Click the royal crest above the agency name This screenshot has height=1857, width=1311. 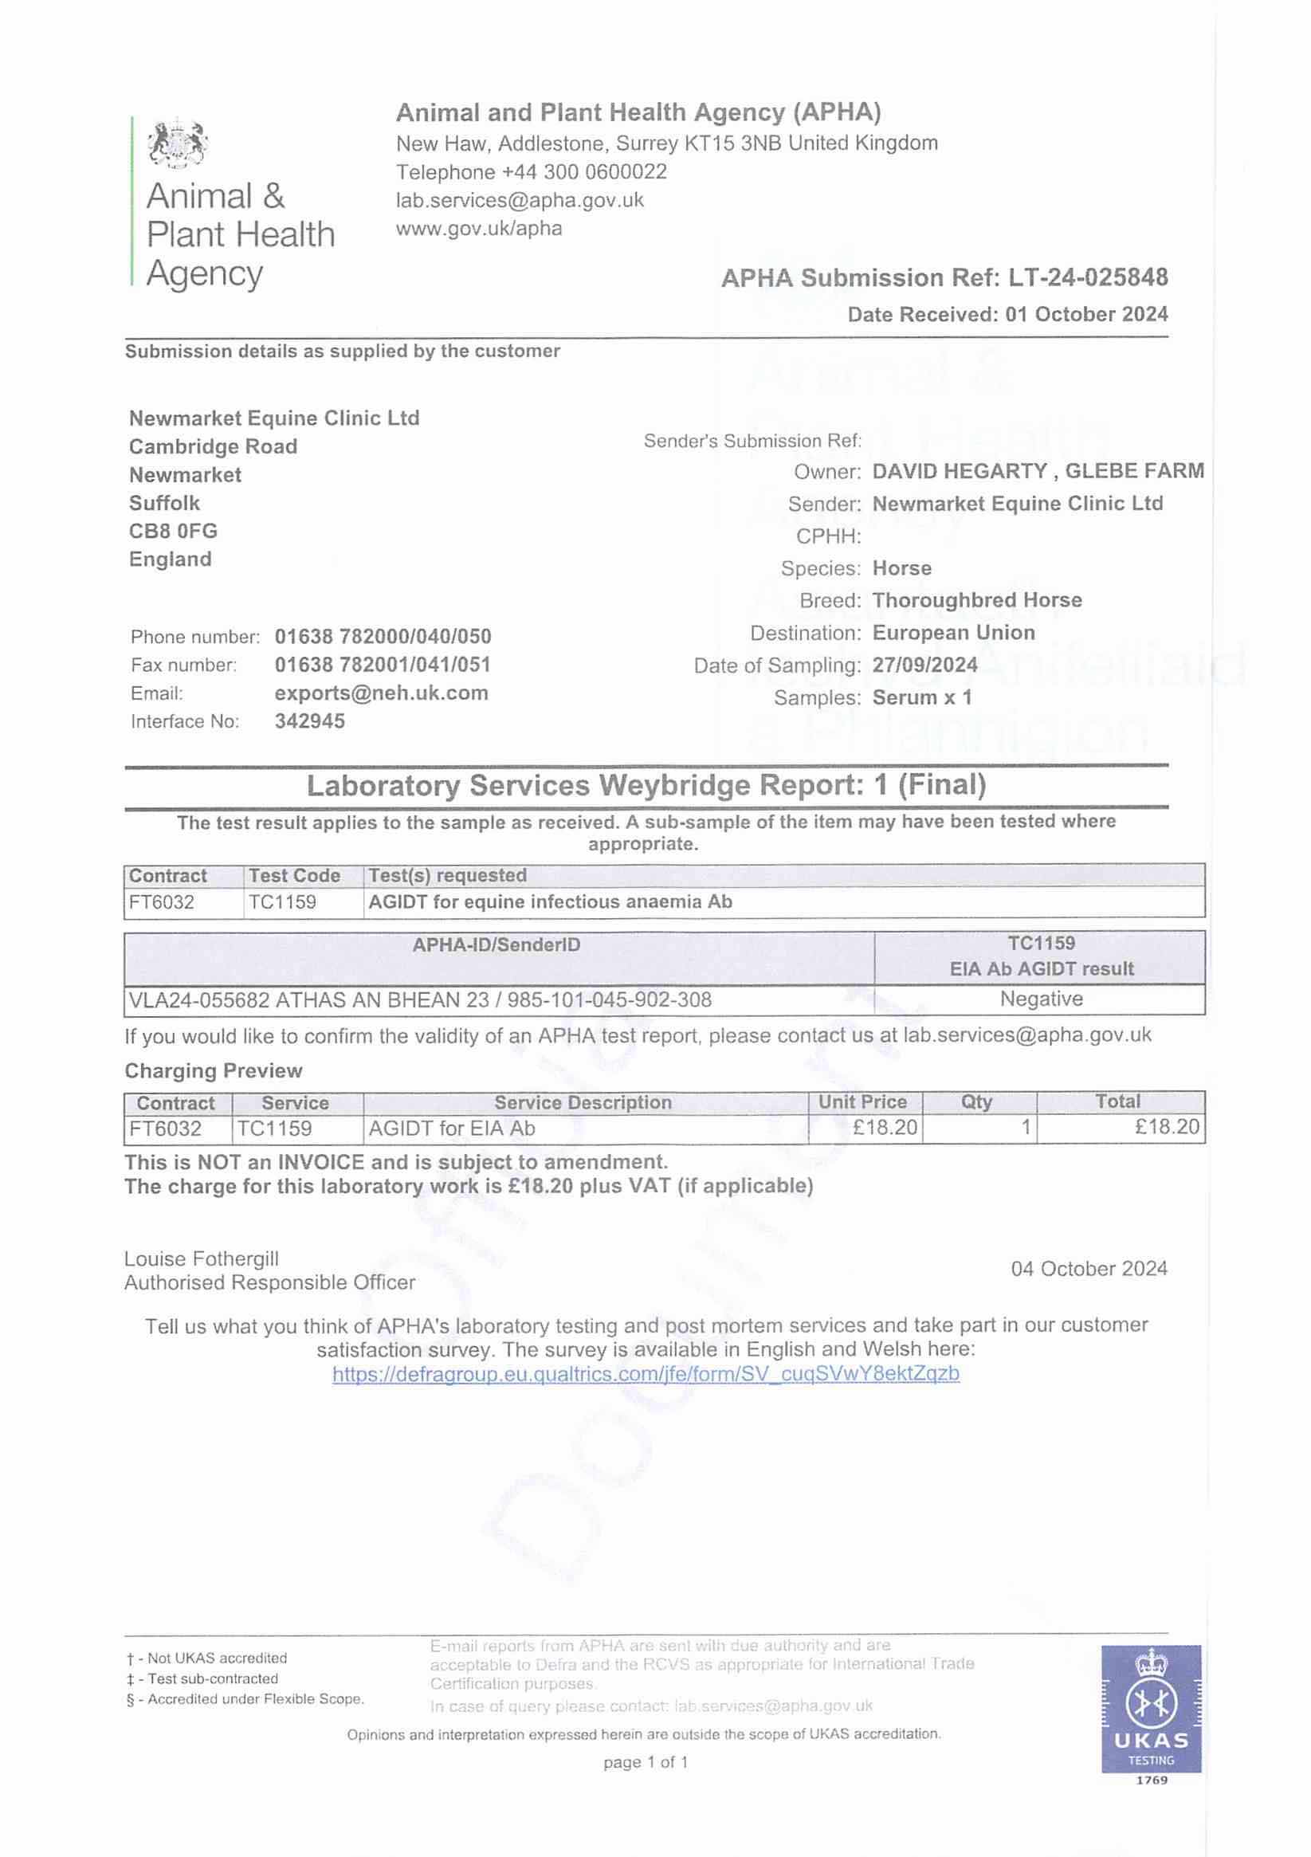pyautogui.click(x=177, y=143)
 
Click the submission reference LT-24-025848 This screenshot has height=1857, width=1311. pyautogui.click(x=1087, y=277)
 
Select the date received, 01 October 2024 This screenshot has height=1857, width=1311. pyautogui.click(x=1086, y=314)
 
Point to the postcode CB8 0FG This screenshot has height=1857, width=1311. pyautogui.click(x=173, y=531)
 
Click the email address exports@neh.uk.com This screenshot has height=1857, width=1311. pyautogui.click(x=381, y=693)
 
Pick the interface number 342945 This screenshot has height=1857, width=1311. pyautogui.click(x=310, y=720)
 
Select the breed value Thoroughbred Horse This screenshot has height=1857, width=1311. pyautogui.click(x=976, y=600)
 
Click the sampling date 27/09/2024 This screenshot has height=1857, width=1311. pyautogui.click(x=924, y=665)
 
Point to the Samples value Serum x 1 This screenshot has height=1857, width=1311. pyautogui.click(x=921, y=697)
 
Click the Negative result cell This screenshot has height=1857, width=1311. pyautogui.click(x=1040, y=999)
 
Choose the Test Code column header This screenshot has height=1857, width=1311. pyautogui.click(x=294, y=875)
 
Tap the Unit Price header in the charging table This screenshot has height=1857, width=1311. pyautogui.click(x=862, y=1101)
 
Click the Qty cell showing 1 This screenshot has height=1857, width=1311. pyautogui.click(x=1025, y=1127)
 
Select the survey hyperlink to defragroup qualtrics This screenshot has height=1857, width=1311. pyautogui.click(x=646, y=1373)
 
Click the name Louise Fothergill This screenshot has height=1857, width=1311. pyautogui.click(x=202, y=1258)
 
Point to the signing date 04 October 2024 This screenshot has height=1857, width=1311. pyautogui.click(x=1089, y=1268)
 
